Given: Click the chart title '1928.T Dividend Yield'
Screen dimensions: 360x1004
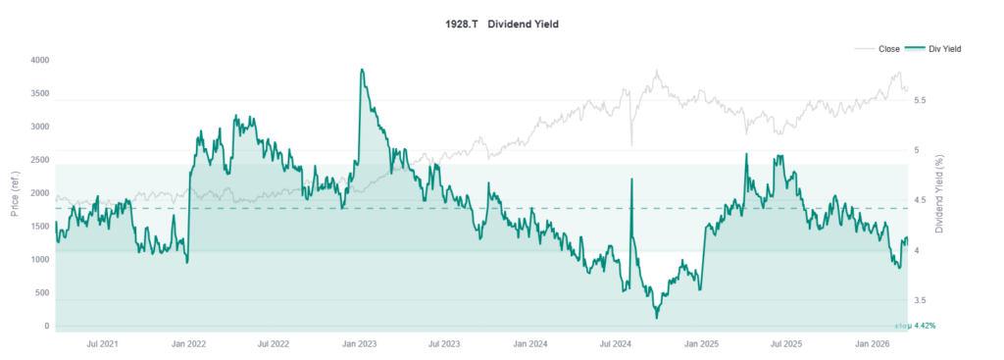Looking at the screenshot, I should coord(501,23).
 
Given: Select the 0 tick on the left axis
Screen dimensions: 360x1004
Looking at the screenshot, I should coord(45,327).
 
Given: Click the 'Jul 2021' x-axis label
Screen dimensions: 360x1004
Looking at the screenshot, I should coord(103,344).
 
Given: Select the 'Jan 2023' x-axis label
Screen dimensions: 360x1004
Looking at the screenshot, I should coord(360,344).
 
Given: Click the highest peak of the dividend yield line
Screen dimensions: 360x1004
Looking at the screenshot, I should coord(362,70).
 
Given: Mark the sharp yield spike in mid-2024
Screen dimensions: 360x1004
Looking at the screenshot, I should coord(630,180).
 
